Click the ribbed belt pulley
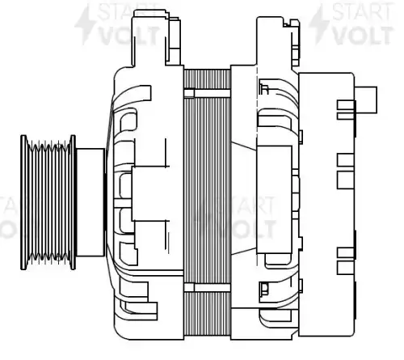pyautogui.click(x=48, y=202)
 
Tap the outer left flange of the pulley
pyautogui.click(x=23, y=202)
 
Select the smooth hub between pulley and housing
pyautogui.click(x=90, y=202)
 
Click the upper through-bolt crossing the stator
pyautogui.click(x=208, y=93)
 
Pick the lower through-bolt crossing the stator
pyautogui.click(x=208, y=287)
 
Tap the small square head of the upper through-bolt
pyautogui.click(x=189, y=93)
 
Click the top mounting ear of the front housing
pyautogui.click(x=156, y=38)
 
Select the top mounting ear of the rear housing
pyautogui.click(x=277, y=41)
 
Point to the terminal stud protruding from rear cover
pyautogui.click(x=366, y=100)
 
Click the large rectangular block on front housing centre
pyautogui.click(x=150, y=193)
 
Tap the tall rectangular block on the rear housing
pyautogui.click(x=274, y=200)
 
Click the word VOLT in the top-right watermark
pyautogui.click(x=362, y=35)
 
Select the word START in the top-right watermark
pyautogui.click(x=362, y=11)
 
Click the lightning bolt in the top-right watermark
pyautogui.click(x=318, y=25)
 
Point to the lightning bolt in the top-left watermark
pyautogui.click(x=85, y=25)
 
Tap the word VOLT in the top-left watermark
pyautogui.click(x=129, y=36)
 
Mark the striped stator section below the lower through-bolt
pyautogui.click(x=208, y=314)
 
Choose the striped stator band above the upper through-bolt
pyautogui.click(x=208, y=79)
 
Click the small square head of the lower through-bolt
pyautogui.click(x=189, y=287)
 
